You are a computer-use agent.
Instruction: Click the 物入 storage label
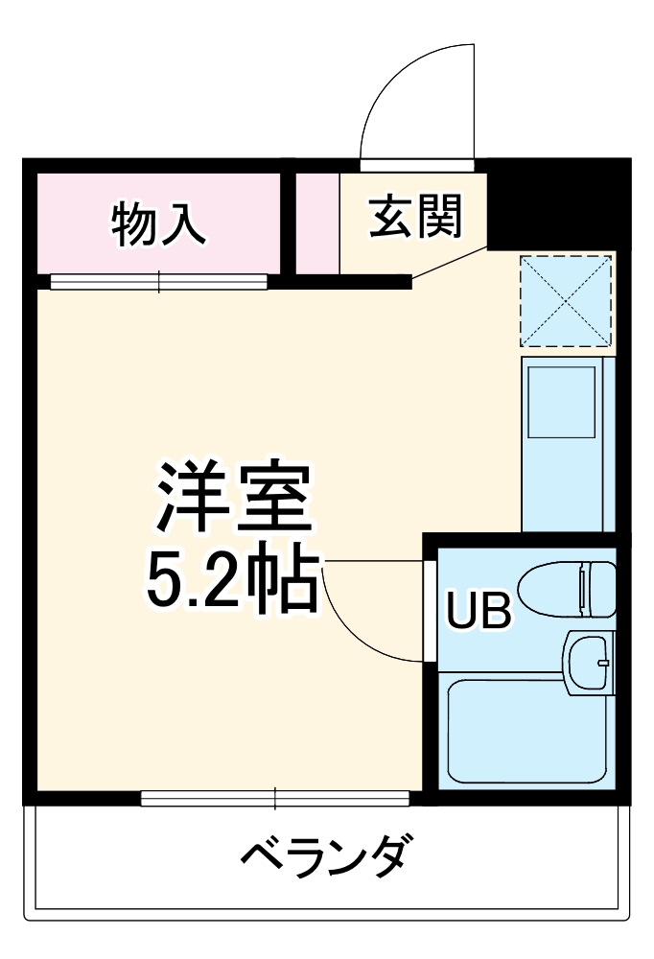point(159,223)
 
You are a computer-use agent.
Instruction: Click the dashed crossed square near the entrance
point(565,300)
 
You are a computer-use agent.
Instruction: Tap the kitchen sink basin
point(561,401)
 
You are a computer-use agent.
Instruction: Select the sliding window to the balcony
point(275,798)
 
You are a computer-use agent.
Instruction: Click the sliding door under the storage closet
point(159,281)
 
